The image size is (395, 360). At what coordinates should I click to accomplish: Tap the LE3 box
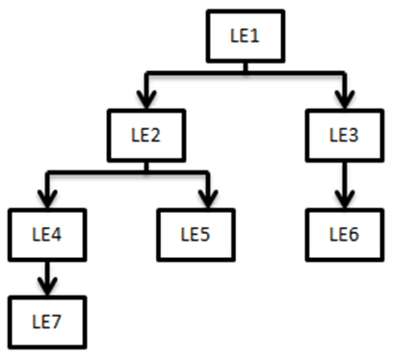344,135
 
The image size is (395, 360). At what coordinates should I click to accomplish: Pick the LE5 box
204,232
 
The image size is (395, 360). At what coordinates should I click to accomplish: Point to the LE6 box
344,232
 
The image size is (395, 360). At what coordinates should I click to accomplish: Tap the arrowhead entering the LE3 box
344,99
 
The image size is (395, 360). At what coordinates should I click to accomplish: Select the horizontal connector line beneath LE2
125,172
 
